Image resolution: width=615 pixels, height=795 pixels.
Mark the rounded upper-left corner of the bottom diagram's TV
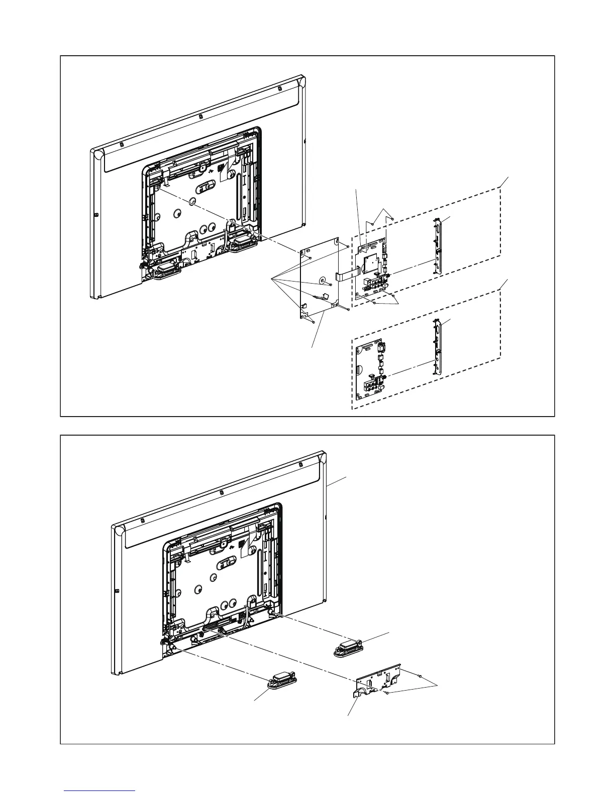click(120, 530)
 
